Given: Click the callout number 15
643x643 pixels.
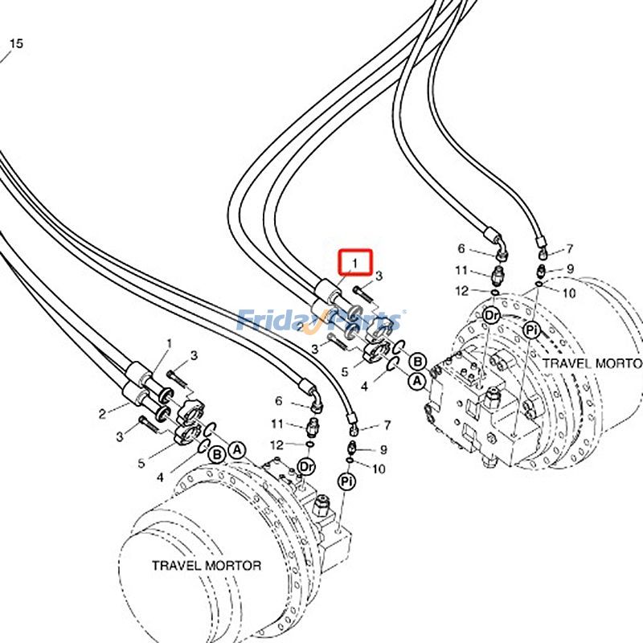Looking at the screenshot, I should pos(16,43).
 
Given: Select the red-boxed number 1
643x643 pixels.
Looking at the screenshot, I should pos(354,262).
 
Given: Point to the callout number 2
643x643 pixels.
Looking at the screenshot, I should pos(103,414).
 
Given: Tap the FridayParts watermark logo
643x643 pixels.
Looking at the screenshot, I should pos(321,320).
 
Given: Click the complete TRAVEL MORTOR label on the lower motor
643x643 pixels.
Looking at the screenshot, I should pos(207,565).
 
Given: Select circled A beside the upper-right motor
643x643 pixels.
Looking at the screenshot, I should pos(417,381).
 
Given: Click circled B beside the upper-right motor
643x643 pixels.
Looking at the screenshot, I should pos(418,362).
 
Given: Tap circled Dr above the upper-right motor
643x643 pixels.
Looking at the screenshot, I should pos(491,316).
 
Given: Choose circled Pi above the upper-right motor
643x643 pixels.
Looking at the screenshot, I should pos(530,330).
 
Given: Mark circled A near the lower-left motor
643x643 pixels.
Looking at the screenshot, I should pos(237,450).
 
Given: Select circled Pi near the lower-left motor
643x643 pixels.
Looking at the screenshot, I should pos(346,481).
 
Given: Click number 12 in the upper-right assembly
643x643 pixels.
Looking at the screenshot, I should pos(461,291).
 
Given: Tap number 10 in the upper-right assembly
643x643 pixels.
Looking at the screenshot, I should pos(570,294).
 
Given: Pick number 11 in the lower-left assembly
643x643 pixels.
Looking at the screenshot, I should pos(278,424).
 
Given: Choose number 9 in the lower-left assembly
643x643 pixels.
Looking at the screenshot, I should pos(383,450).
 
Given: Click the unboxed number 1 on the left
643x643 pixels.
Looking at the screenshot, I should pos(169,344).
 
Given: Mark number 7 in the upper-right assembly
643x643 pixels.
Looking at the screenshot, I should pos(569,249).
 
